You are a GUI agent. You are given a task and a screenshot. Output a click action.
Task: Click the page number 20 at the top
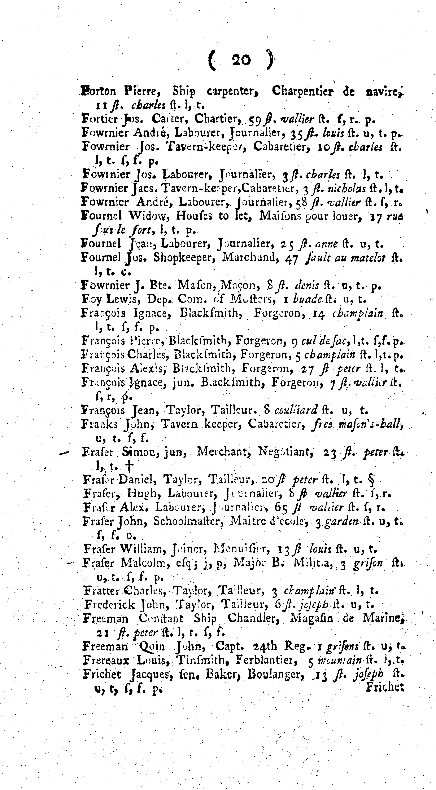(241, 59)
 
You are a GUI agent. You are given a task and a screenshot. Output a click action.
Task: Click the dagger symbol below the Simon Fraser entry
(130, 467)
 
